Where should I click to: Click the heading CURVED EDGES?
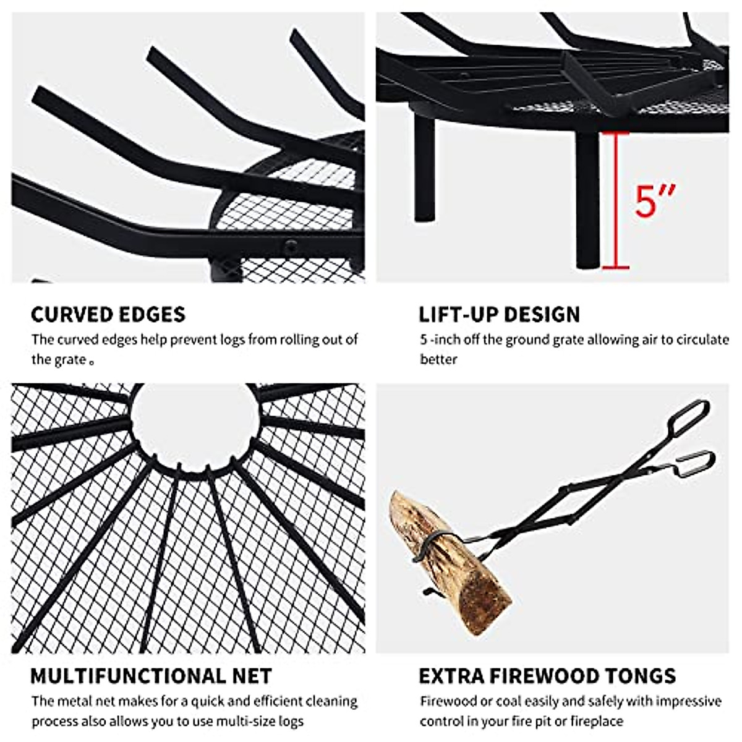point(108,314)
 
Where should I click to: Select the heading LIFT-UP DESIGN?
point(499,314)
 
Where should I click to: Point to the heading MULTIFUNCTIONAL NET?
point(151,676)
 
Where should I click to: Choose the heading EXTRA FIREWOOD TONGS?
point(547,676)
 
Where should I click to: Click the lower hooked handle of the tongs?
point(696,464)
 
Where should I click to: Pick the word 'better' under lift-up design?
point(438,359)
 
